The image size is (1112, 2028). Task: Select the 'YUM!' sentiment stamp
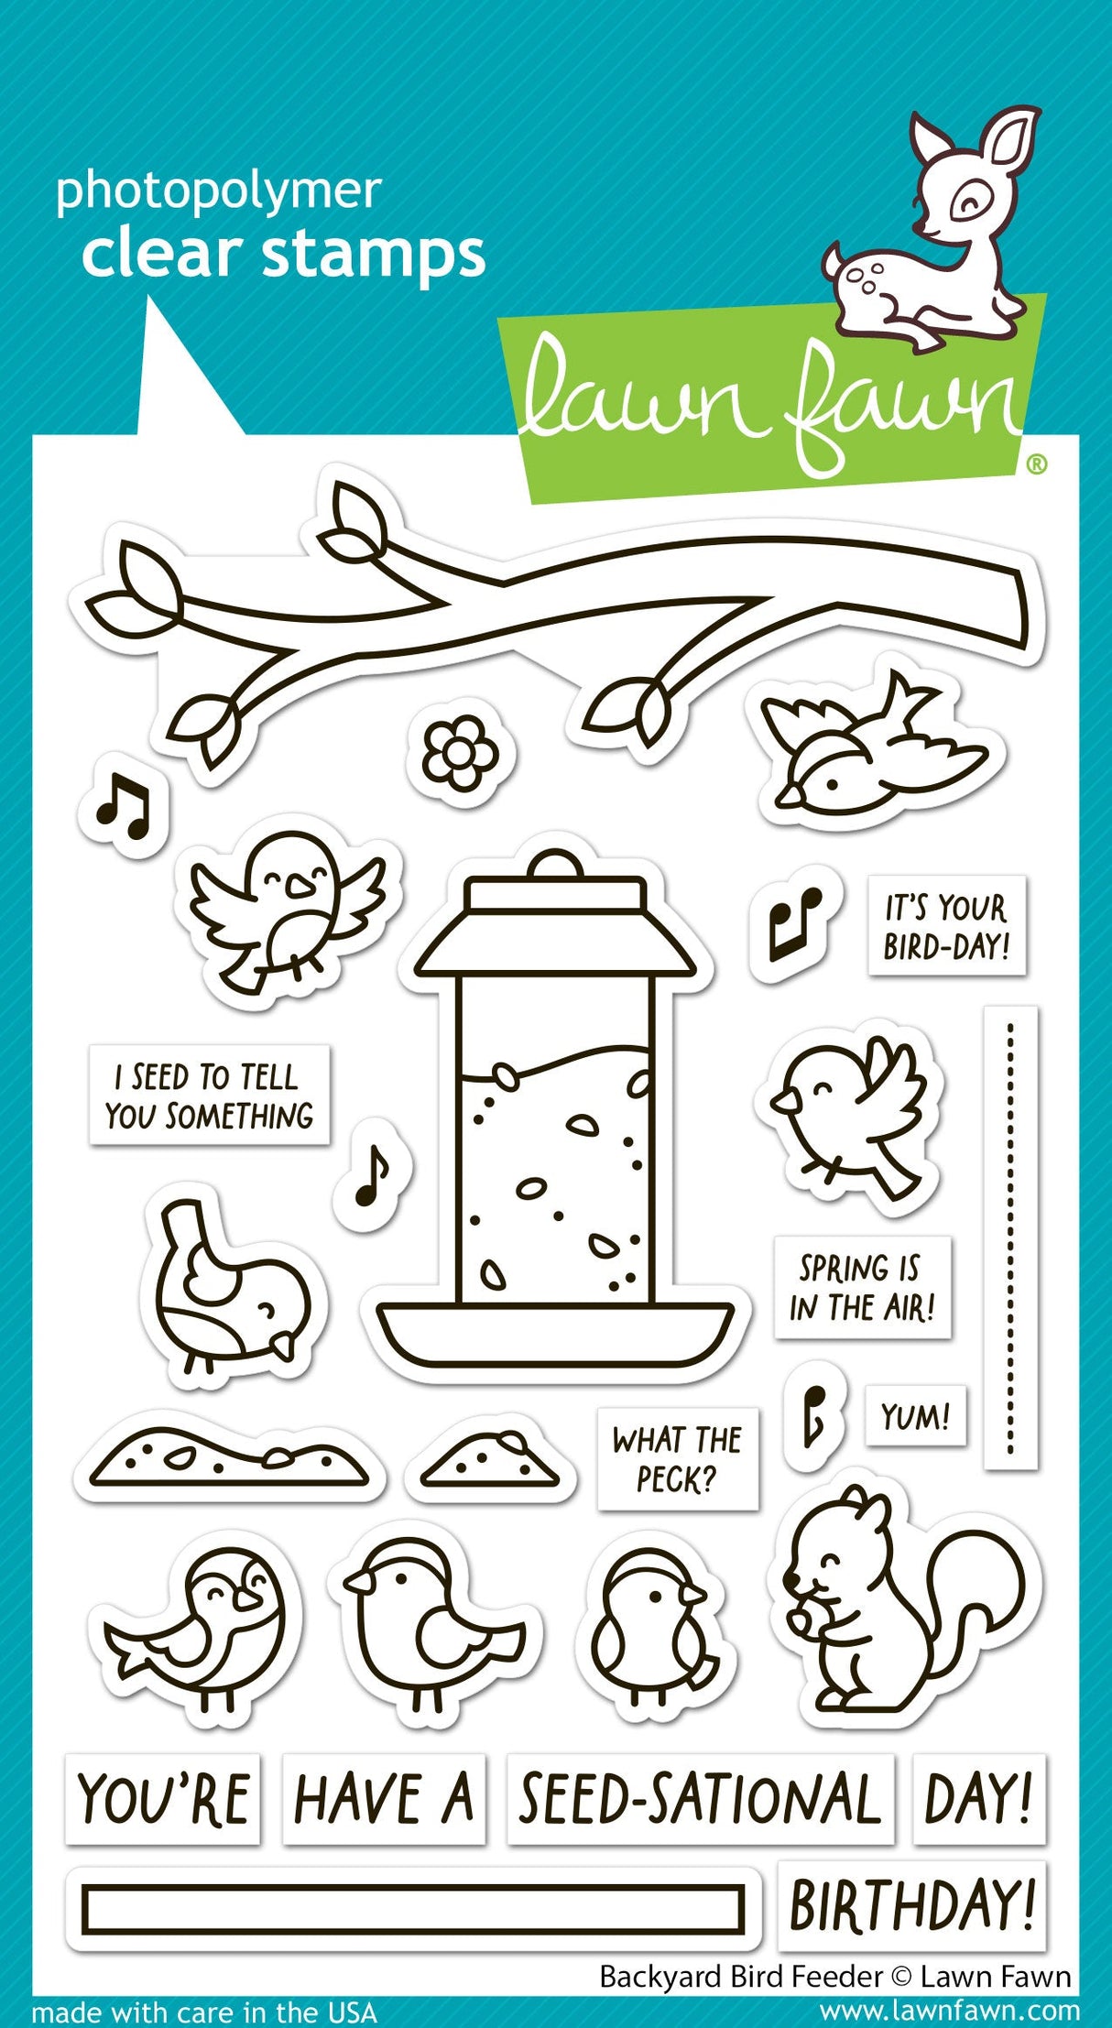[x=914, y=1416]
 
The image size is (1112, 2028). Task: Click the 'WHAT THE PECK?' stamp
[x=677, y=1459]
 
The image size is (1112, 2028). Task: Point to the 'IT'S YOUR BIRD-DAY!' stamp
[x=945, y=926]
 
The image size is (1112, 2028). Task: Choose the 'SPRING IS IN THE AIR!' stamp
[x=861, y=1287]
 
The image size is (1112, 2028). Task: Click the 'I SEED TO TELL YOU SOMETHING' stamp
[x=209, y=1096]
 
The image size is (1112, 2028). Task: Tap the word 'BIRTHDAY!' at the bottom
[x=911, y=1905]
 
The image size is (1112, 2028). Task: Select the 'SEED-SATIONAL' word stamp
[x=700, y=1799]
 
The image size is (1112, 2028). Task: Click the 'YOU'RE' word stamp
[x=163, y=1799]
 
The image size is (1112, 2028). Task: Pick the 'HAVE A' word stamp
[x=383, y=1799]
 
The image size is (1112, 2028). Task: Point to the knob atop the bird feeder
[x=554, y=864]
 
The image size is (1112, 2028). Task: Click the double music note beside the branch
[x=123, y=808]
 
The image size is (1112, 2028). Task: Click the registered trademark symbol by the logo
[x=1036, y=465]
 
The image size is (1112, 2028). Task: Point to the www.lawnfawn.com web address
[x=949, y=2012]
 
